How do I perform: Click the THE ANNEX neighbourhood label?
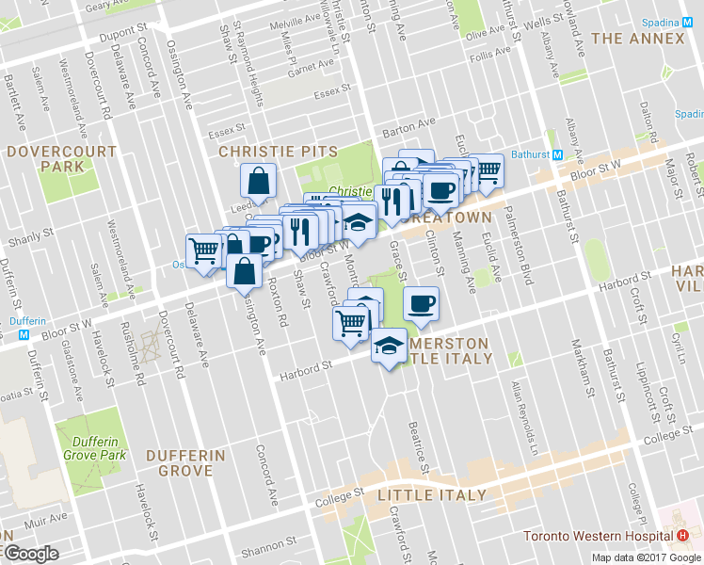[638, 39]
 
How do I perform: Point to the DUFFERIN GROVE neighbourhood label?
[185, 462]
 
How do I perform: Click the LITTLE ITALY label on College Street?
[432, 494]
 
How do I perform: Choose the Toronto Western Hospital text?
[599, 537]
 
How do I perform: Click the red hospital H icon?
[682, 536]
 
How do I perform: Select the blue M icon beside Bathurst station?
[557, 154]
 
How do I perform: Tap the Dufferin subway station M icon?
[24, 320]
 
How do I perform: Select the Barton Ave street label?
[408, 123]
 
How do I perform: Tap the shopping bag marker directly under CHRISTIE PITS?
[258, 180]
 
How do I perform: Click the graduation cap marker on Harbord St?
[388, 346]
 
